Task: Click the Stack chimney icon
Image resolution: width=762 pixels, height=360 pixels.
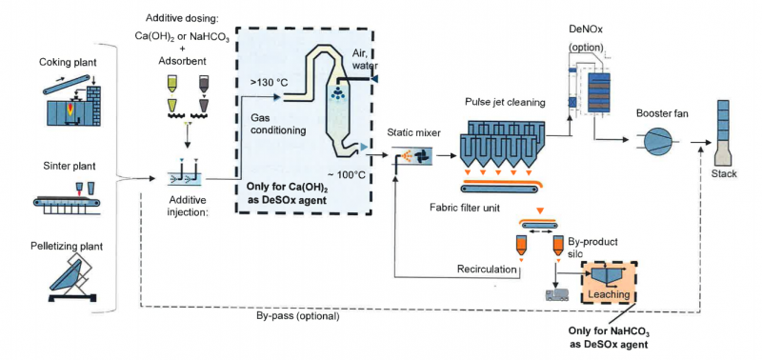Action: click(x=724, y=133)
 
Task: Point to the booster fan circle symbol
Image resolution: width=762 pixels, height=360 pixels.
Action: click(x=657, y=141)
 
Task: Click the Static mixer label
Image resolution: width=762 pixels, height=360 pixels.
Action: click(x=407, y=132)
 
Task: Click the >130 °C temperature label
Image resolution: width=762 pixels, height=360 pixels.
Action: click(x=267, y=83)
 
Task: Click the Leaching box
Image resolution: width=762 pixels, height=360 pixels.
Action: click(x=610, y=282)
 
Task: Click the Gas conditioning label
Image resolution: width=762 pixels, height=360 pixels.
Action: click(x=278, y=124)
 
